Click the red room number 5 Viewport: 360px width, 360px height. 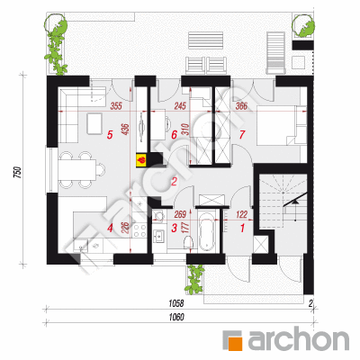pyautogui.click(x=110, y=135)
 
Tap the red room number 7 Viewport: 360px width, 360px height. pyautogui.click(x=242, y=135)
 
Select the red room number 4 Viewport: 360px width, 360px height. pyautogui.click(x=110, y=229)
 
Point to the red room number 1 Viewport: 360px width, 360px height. pyautogui.click(x=242, y=229)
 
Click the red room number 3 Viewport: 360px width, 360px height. pyautogui.click(x=174, y=228)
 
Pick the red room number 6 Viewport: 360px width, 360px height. pyautogui.click(x=174, y=135)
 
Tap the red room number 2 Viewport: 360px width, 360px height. pyautogui.click(x=174, y=182)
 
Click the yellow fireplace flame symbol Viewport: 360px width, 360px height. pyautogui.click(x=141, y=159)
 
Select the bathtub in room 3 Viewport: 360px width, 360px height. pyautogui.click(x=207, y=231)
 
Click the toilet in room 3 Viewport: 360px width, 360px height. pyautogui.click(x=188, y=242)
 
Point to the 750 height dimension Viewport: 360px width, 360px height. pyautogui.click(x=19, y=172)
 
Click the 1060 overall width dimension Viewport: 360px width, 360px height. pyautogui.click(x=176, y=317)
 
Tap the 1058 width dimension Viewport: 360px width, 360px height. pyautogui.click(x=176, y=303)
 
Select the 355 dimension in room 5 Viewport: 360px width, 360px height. pyautogui.click(x=116, y=106)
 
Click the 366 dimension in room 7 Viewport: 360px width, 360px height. pyautogui.click(x=241, y=106)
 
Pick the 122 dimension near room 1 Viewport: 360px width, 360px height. pyautogui.click(x=242, y=214)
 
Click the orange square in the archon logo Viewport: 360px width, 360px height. pyautogui.click(x=232, y=340)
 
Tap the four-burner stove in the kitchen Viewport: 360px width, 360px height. pyautogui.click(x=139, y=230)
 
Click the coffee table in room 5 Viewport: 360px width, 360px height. pyautogui.click(x=94, y=123)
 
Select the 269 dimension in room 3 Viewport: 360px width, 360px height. pyautogui.click(x=180, y=214)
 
